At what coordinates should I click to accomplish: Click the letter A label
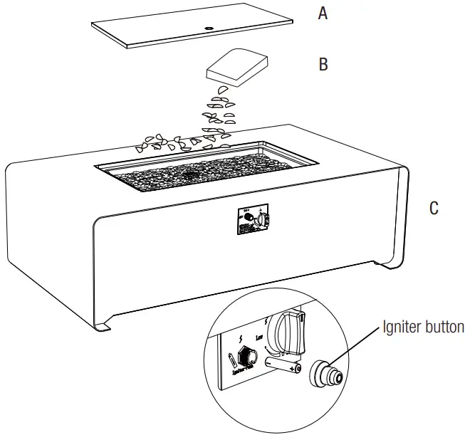pos(323,13)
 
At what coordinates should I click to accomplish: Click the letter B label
pos(323,65)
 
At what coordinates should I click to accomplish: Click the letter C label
pos(434,209)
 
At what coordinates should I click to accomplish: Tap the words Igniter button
pos(423,327)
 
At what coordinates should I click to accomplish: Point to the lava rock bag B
pos(235,66)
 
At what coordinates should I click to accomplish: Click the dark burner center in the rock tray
pos(191,173)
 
